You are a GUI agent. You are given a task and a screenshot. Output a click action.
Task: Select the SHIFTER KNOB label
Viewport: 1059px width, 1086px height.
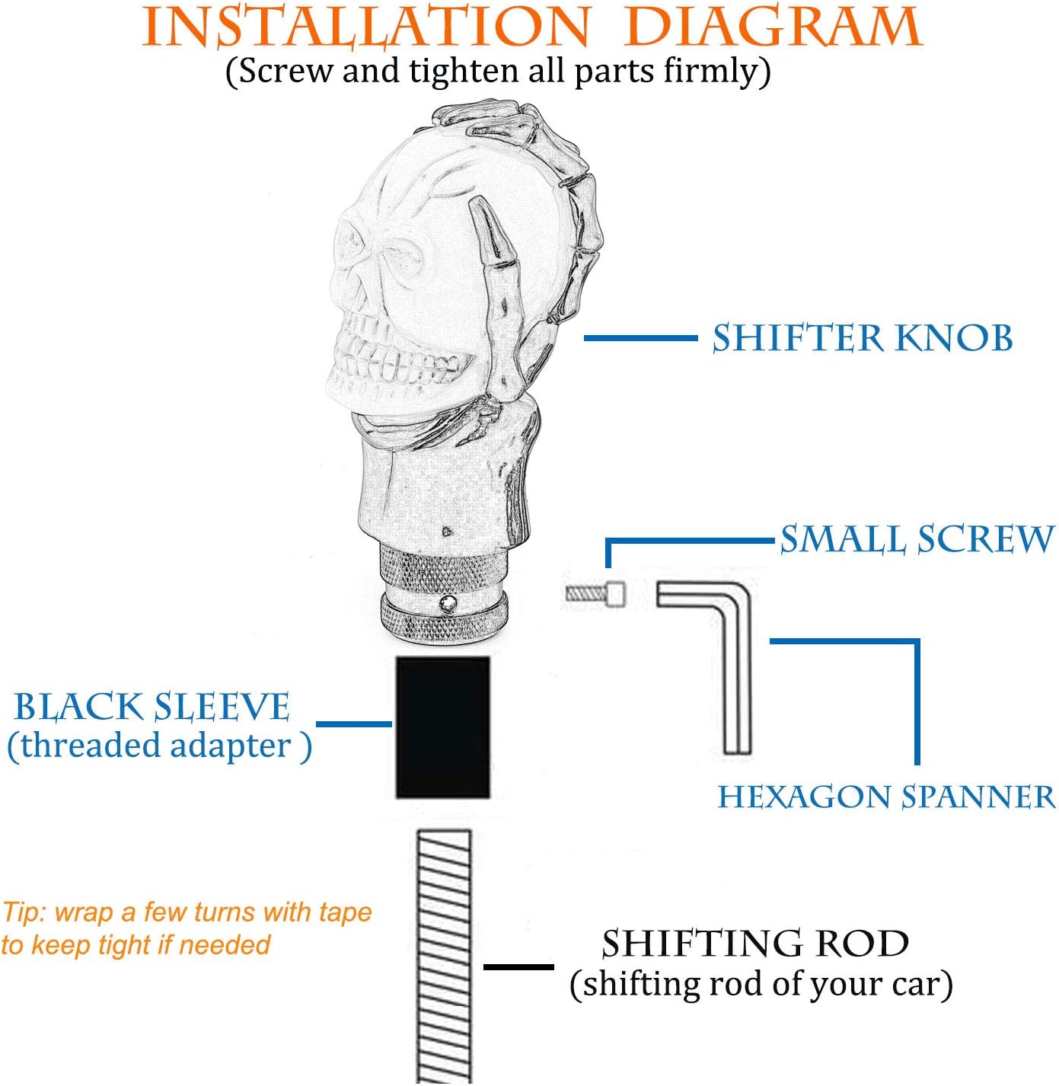[x=863, y=338]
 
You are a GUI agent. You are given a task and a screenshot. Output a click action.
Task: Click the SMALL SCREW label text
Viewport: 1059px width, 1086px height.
[x=917, y=539]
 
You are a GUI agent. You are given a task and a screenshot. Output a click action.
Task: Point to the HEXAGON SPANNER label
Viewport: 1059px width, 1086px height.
[x=887, y=797]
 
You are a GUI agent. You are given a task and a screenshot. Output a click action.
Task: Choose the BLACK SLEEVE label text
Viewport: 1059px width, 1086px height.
[x=152, y=707]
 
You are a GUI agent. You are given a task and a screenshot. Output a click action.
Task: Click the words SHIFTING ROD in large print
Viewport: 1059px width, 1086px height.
[x=755, y=943]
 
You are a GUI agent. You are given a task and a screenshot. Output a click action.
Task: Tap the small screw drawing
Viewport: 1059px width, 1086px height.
[x=595, y=593]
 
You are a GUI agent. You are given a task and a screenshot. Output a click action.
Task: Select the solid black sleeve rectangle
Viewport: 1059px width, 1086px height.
[x=442, y=727]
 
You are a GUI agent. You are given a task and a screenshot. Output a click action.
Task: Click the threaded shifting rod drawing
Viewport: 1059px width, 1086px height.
[x=444, y=957]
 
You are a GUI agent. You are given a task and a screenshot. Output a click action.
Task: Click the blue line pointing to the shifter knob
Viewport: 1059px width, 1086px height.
[x=640, y=337]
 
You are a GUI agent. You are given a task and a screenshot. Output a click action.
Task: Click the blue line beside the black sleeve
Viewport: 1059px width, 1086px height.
[x=354, y=724]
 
